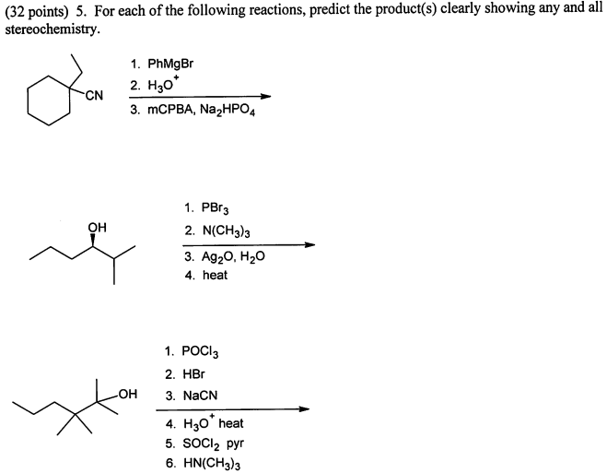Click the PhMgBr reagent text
(x=170, y=64)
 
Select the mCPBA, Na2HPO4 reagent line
(x=202, y=111)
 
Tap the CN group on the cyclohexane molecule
(x=95, y=96)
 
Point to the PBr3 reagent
(x=216, y=208)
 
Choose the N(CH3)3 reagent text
(x=226, y=231)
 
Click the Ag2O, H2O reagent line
(x=233, y=257)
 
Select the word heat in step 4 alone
(x=215, y=275)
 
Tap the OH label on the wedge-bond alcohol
(x=97, y=228)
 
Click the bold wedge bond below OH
(x=92, y=240)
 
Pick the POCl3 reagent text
(x=200, y=351)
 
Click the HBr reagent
(x=194, y=374)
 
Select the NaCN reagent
(x=200, y=396)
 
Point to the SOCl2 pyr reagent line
(x=213, y=443)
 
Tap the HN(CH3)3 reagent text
(x=211, y=464)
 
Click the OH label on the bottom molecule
(x=128, y=395)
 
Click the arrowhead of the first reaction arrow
(x=265, y=97)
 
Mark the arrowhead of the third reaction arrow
(x=304, y=409)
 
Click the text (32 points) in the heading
(x=37, y=12)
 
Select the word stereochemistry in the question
(x=52, y=30)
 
